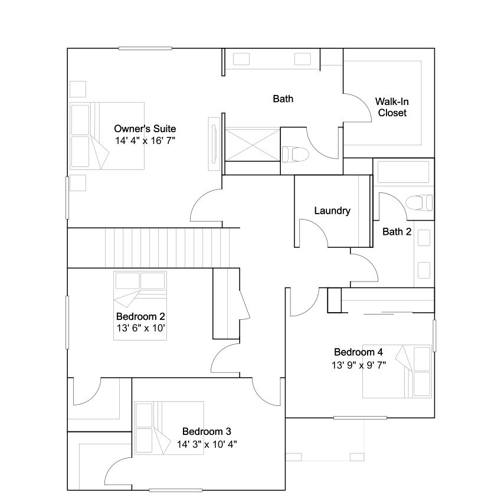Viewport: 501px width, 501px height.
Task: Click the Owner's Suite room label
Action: tap(145, 129)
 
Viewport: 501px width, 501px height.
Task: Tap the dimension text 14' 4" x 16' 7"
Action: tap(145, 140)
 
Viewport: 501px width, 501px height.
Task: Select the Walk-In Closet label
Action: tap(392, 107)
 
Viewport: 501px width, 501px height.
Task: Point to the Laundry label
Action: tap(332, 211)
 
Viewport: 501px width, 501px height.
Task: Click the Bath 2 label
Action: tap(397, 232)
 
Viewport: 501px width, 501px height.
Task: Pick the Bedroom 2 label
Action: tap(140, 316)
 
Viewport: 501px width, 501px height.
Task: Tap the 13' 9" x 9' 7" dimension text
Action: tap(359, 365)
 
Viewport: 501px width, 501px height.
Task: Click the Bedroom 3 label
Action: tap(207, 431)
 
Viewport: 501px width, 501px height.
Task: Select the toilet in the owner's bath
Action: tap(296, 155)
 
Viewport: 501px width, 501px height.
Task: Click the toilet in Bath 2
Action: tap(419, 203)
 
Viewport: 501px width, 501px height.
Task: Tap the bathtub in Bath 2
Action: tap(403, 172)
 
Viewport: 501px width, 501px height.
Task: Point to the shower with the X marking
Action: tap(253, 145)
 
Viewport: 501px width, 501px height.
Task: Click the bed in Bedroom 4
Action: tap(397, 372)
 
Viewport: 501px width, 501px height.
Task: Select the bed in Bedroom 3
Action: tap(169, 428)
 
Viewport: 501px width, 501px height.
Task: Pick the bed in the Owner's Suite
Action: tap(107, 136)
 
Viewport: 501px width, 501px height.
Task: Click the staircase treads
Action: tap(167, 248)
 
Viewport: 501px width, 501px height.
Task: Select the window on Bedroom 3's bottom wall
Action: tap(175, 490)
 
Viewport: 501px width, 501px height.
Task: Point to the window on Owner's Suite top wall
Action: tap(145, 48)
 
